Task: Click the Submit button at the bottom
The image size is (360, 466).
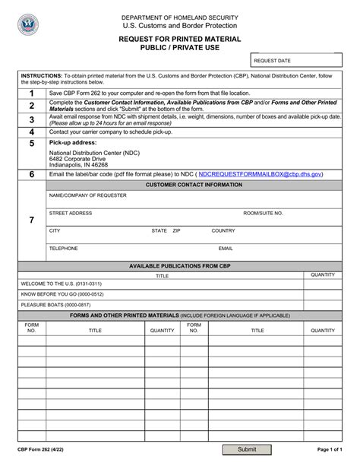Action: click(x=247, y=450)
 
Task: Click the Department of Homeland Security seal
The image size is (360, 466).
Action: click(x=28, y=25)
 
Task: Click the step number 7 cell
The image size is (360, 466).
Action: click(x=32, y=220)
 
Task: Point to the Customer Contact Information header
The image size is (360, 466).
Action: click(x=194, y=185)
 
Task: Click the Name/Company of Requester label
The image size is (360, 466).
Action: click(x=88, y=195)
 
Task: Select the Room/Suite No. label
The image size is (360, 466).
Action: click(x=263, y=213)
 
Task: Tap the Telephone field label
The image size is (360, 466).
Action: click(x=64, y=248)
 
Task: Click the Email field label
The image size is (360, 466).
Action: click(x=226, y=248)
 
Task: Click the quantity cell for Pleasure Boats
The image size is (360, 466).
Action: click(x=323, y=304)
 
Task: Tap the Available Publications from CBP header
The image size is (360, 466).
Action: click(x=179, y=266)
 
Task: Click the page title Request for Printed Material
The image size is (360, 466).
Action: click(x=179, y=38)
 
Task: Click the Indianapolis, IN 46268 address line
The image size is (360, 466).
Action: click(x=78, y=164)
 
